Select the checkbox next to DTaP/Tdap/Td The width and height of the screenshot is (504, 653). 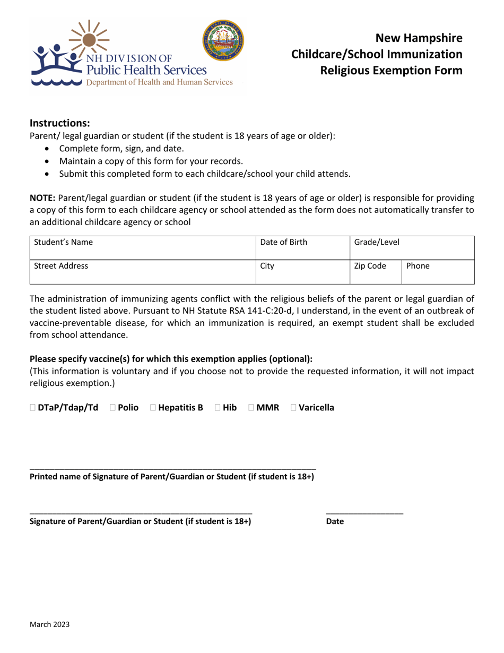pos(33,408)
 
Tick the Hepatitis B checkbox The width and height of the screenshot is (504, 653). pos(153,408)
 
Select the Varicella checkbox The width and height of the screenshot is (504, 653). pos(293,408)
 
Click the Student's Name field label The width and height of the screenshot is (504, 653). pos(63,242)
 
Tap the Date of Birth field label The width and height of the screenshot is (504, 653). pos(284,242)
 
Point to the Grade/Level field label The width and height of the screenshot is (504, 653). pos(377,242)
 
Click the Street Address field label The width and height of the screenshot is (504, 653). pos(61,266)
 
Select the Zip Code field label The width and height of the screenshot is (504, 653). pos(370,266)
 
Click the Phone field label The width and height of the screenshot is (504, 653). pos(418,266)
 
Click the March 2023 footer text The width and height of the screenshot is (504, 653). pos(49,624)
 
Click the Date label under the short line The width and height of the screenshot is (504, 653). pos(335,521)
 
